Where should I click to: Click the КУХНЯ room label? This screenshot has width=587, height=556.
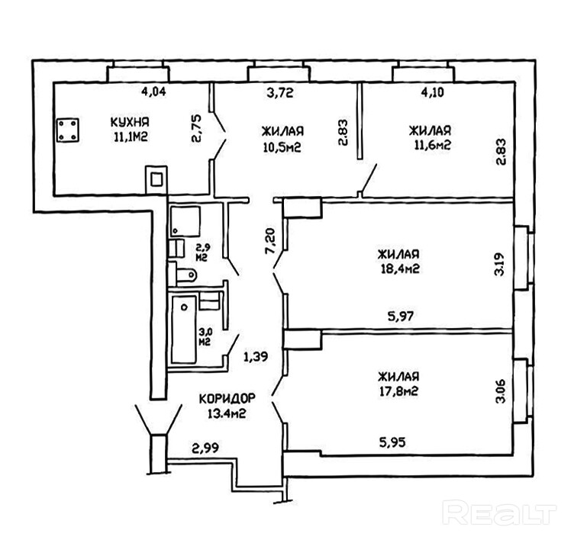pyautogui.click(x=129, y=122)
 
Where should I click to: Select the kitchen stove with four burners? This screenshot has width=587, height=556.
pyautogui.click(x=68, y=129)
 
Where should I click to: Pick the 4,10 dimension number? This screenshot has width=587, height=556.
pyautogui.click(x=427, y=95)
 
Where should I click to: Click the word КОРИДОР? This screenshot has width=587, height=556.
pyautogui.click(x=226, y=399)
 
